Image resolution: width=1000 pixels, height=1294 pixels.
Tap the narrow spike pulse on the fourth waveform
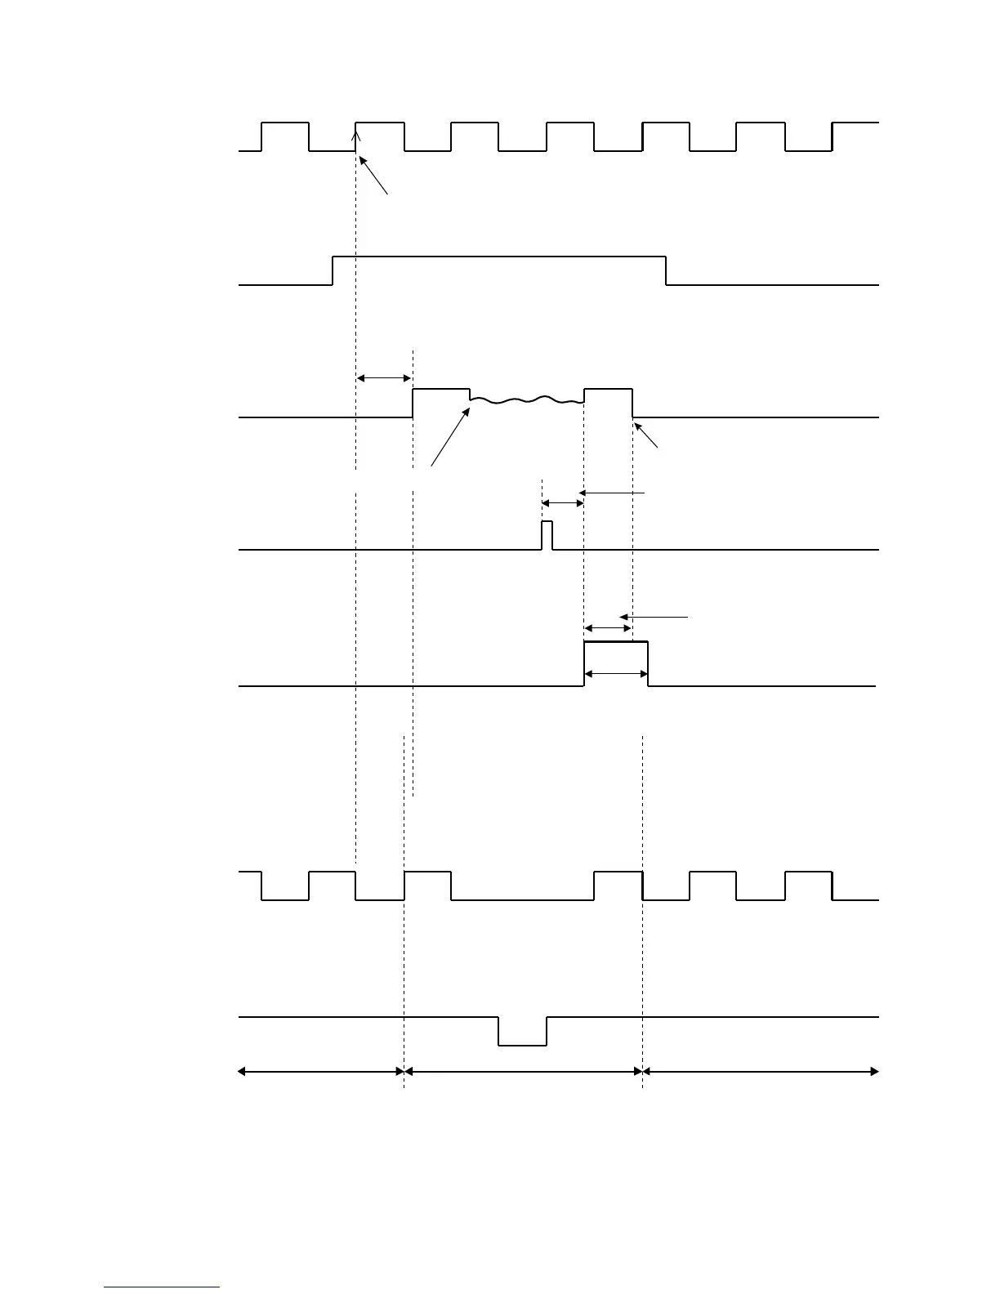click(547, 534)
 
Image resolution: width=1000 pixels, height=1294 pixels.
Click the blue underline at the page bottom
click(162, 1287)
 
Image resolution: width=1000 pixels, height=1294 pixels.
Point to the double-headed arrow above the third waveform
click(384, 377)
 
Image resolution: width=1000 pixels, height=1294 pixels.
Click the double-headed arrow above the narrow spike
click(562, 503)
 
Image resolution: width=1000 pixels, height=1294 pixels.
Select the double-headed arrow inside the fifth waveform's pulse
click(616, 674)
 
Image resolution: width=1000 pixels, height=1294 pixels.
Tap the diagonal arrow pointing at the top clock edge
click(373, 176)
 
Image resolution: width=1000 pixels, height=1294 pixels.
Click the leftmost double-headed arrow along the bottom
click(321, 1071)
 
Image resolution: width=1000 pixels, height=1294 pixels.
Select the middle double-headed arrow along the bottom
click(524, 1071)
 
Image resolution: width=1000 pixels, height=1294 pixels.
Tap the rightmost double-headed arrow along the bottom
click(761, 1071)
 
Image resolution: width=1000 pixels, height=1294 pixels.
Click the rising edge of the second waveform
click(333, 270)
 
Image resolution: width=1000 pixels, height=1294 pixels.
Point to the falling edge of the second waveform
click(666, 270)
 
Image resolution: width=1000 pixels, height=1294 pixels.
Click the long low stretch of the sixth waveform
click(523, 899)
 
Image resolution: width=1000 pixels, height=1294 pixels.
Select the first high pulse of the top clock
click(285, 123)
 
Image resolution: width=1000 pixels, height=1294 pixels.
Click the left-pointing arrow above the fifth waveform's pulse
click(654, 617)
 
